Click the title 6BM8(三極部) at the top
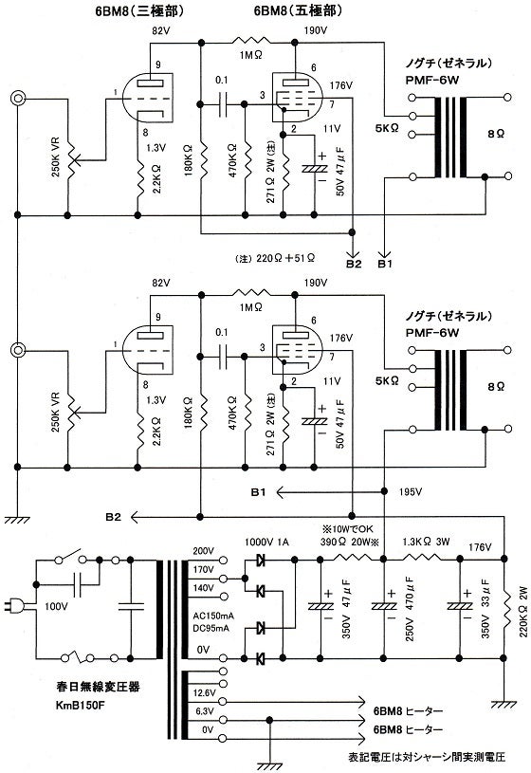tap(137, 10)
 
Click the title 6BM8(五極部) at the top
tap(284, 10)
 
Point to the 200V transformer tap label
tap(203, 551)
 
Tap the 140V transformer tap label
tap(203, 588)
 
